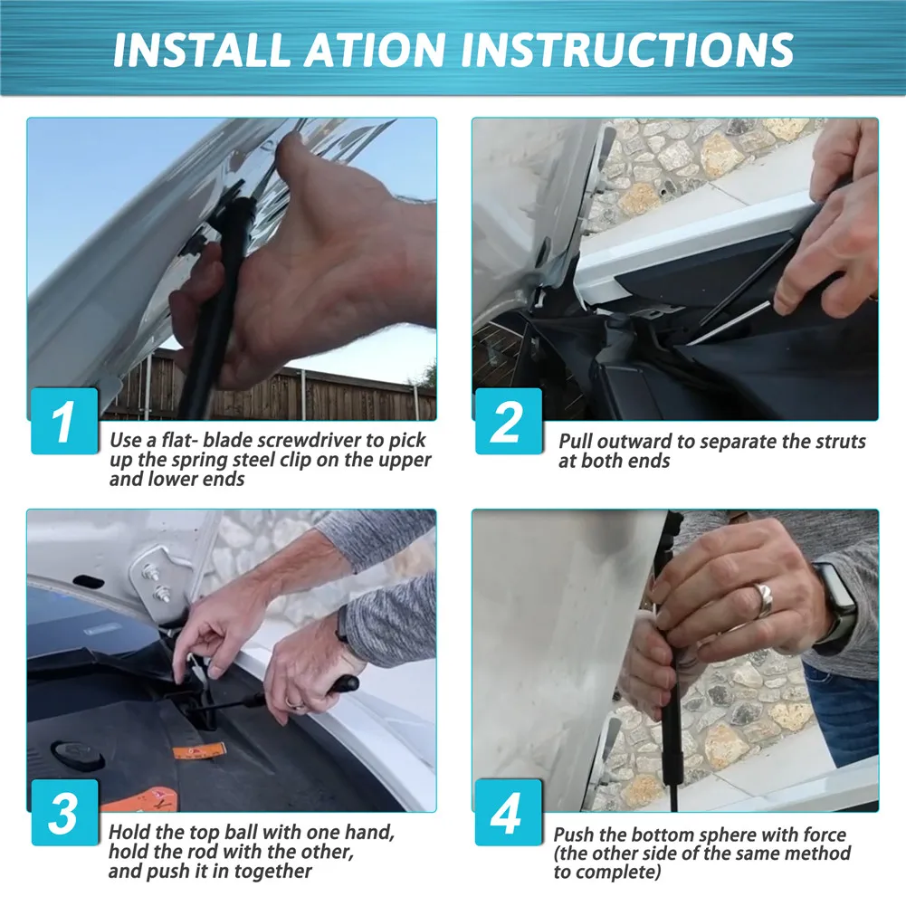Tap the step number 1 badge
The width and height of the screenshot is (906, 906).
coord(64,421)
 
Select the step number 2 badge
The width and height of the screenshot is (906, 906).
coord(509,421)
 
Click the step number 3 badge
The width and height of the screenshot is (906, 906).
coord(64,813)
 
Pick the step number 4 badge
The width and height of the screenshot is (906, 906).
coord(509,813)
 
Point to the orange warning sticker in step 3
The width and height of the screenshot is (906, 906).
coord(199,751)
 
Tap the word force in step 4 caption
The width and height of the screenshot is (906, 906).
coord(822,834)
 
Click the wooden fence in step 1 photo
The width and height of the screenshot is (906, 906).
coord(272,387)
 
